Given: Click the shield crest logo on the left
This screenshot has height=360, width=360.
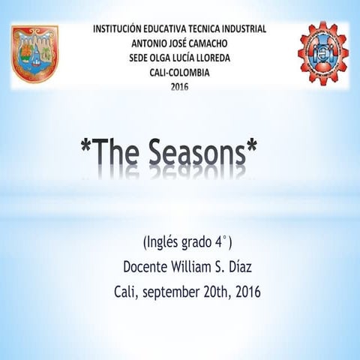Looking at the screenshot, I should point(34,53).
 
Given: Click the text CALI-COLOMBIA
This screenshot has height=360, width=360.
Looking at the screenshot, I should point(179,73).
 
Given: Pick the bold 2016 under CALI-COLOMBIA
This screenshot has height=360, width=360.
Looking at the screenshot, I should point(180,87).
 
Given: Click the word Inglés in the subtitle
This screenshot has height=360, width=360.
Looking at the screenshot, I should point(166,242).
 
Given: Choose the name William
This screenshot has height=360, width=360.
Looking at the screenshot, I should point(201,266).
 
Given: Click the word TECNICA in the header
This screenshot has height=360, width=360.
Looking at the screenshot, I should point(189,28).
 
